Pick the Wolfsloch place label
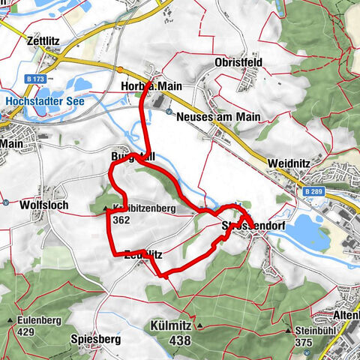tap(33, 203)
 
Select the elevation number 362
tap(121, 221)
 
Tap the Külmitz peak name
tap(170, 328)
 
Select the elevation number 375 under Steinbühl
tap(304, 342)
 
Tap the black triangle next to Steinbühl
tap(289, 330)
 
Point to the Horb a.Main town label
tap(151, 87)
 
